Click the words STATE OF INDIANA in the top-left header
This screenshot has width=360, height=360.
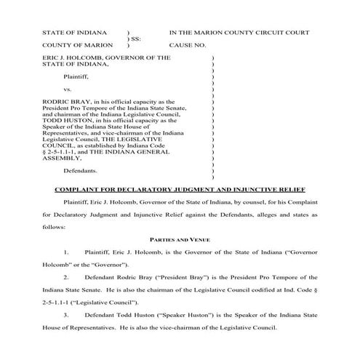tap(75, 33)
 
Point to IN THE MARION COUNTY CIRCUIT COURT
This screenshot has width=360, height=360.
tap(239, 33)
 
